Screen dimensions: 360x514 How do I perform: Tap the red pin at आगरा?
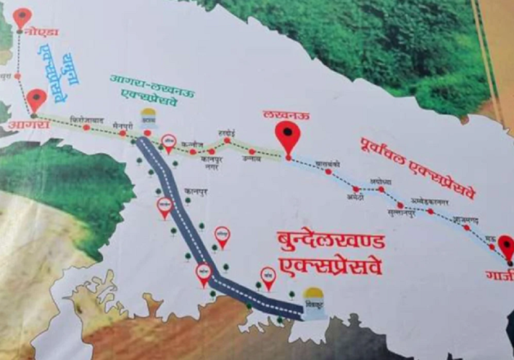point(37,100)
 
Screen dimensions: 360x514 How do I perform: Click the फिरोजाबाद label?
point(87,118)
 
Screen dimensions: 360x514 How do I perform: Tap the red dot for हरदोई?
point(227,140)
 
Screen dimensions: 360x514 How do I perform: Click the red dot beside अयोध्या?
point(381,190)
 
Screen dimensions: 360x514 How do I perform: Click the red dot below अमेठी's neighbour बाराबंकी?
point(328,172)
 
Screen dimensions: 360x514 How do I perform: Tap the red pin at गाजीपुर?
point(506,246)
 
